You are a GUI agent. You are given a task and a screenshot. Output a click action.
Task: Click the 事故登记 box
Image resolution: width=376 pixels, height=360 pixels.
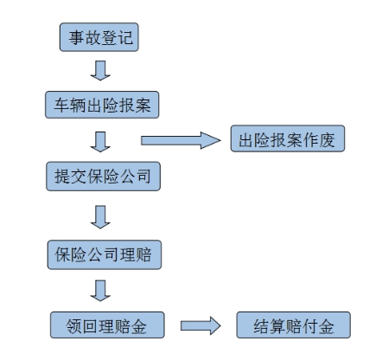99,37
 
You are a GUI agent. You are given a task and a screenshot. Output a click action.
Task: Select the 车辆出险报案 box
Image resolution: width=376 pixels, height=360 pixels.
102,105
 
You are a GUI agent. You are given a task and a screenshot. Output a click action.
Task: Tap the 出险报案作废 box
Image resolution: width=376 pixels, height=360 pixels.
288,138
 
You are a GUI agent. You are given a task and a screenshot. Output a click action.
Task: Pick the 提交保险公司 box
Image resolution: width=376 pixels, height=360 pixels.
103,177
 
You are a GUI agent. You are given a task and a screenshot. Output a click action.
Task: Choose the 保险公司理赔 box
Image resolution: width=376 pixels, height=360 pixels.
105,254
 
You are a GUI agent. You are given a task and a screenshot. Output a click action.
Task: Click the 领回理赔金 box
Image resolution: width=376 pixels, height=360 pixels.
107,325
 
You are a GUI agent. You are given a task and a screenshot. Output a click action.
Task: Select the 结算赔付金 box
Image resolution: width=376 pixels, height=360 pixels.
294,325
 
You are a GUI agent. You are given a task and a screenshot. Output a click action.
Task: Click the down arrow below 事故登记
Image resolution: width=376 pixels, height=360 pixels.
100,70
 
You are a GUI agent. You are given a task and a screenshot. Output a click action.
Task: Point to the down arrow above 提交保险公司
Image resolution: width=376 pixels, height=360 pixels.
100,142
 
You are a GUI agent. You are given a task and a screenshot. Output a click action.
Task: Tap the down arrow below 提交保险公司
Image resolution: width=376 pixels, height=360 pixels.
100,217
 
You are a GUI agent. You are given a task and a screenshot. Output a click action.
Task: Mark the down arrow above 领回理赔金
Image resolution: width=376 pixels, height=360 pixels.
100,291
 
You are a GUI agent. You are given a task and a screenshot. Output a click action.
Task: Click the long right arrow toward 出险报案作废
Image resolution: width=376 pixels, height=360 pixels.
181,140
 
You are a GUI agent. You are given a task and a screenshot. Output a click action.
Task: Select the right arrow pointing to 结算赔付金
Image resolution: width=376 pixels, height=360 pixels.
201,325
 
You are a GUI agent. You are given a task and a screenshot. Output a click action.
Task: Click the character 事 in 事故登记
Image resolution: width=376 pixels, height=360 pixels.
76,37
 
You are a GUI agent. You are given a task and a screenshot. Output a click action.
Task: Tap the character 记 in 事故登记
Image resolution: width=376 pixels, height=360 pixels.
124,37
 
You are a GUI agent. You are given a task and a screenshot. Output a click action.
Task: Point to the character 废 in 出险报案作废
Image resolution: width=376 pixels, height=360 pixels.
328,140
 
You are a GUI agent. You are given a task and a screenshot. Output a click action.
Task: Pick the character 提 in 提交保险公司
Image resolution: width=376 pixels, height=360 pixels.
62,177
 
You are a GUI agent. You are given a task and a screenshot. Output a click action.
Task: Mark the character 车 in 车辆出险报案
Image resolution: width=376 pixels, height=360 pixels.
61,105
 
